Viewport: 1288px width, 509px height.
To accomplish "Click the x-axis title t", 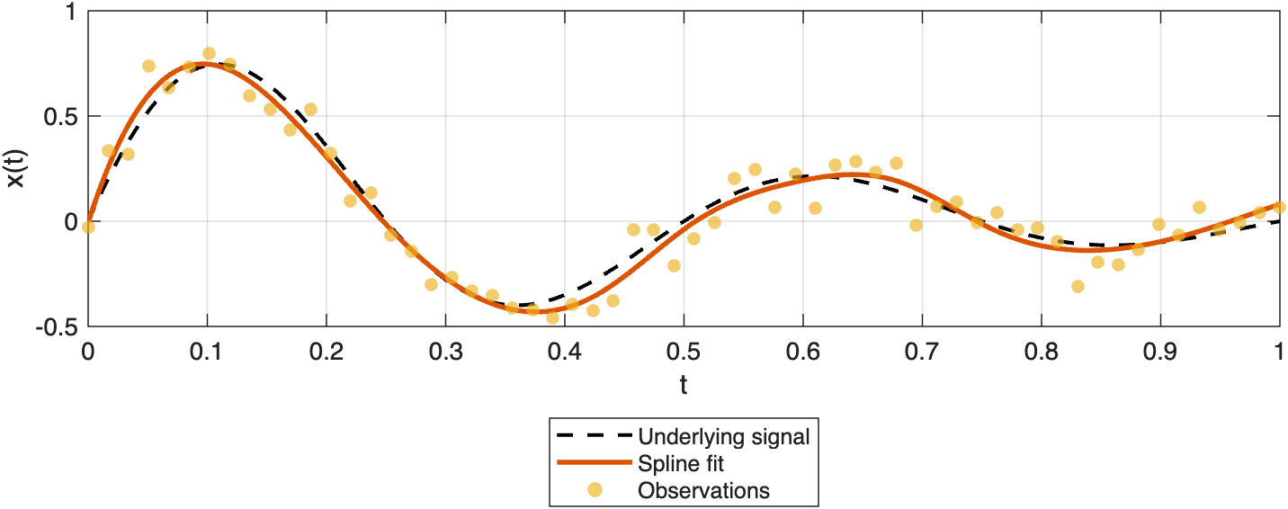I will (x=684, y=386).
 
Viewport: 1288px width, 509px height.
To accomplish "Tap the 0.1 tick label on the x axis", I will (x=207, y=351).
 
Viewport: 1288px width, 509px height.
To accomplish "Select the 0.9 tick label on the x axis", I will (x=1160, y=351).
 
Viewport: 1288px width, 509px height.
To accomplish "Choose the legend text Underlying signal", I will (x=724, y=438).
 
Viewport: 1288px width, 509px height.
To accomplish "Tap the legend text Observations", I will (x=703, y=490).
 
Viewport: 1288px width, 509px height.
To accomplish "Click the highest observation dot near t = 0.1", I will (x=209, y=54).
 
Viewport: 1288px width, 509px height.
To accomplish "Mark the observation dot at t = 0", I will (x=88, y=227).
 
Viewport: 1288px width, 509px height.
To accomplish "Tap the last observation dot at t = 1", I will (x=1279, y=207).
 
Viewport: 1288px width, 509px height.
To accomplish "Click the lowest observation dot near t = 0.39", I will (x=552, y=317).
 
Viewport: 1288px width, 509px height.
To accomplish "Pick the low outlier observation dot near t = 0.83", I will (x=1078, y=286).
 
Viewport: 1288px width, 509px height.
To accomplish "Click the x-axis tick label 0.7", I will (x=922, y=351).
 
